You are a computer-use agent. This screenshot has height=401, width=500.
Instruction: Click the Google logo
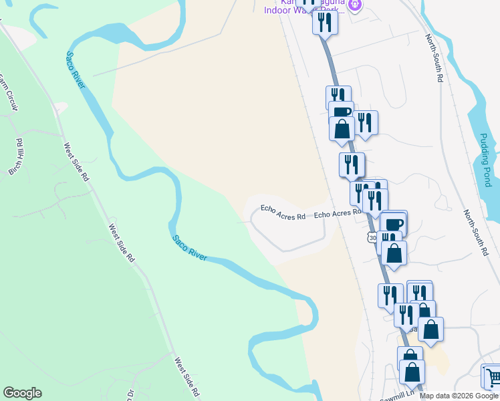click(x=22, y=393)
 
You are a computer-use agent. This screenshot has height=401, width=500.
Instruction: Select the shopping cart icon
click(x=492, y=378)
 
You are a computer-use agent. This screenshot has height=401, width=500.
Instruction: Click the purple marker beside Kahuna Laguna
click(x=355, y=6)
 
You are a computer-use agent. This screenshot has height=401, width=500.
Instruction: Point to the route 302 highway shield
click(x=372, y=237)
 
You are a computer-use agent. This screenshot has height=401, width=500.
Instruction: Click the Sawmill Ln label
click(x=400, y=395)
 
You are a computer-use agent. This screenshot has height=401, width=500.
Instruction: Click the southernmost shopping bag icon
click(x=412, y=372)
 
